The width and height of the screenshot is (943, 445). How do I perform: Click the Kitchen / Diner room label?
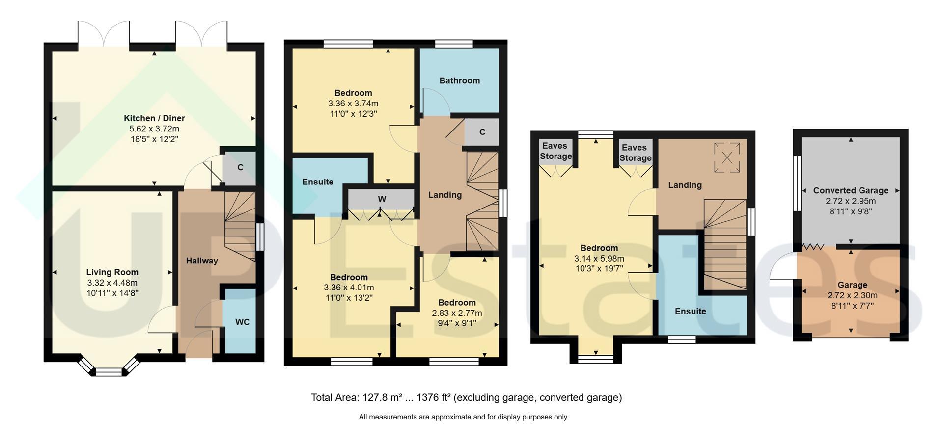pyautogui.click(x=154, y=118)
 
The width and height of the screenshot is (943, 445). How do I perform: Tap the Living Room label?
pyautogui.click(x=112, y=272)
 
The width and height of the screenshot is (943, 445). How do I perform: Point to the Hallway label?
pyautogui.click(x=202, y=261)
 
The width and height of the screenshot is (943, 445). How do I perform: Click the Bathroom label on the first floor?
pyautogui.click(x=460, y=80)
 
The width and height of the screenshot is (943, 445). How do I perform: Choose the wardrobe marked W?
pyautogui.click(x=381, y=199)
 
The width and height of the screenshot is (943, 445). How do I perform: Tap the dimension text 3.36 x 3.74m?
pyautogui.click(x=353, y=104)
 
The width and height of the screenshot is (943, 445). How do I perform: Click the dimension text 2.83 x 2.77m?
pyautogui.click(x=457, y=313)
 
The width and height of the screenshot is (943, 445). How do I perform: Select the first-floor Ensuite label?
pyautogui.click(x=318, y=182)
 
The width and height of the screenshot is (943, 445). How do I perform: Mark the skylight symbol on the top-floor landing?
pyautogui.click(x=727, y=157)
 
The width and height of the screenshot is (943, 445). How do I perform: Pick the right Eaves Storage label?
pyautogui.click(x=636, y=153)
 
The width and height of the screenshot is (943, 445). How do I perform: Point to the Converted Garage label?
pyautogui.click(x=851, y=190)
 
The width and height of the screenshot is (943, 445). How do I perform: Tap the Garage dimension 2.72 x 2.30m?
pyautogui.click(x=852, y=295)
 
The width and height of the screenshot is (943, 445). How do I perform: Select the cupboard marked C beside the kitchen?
pyautogui.click(x=240, y=167)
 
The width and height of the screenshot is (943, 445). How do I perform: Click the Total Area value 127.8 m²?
pyautogui.click(x=383, y=397)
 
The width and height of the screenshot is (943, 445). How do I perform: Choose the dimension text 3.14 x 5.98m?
pyautogui.click(x=599, y=259)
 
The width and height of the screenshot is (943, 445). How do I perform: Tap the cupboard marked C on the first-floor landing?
pyautogui.click(x=482, y=132)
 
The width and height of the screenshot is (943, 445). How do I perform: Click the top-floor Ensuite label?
pyautogui.click(x=690, y=311)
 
